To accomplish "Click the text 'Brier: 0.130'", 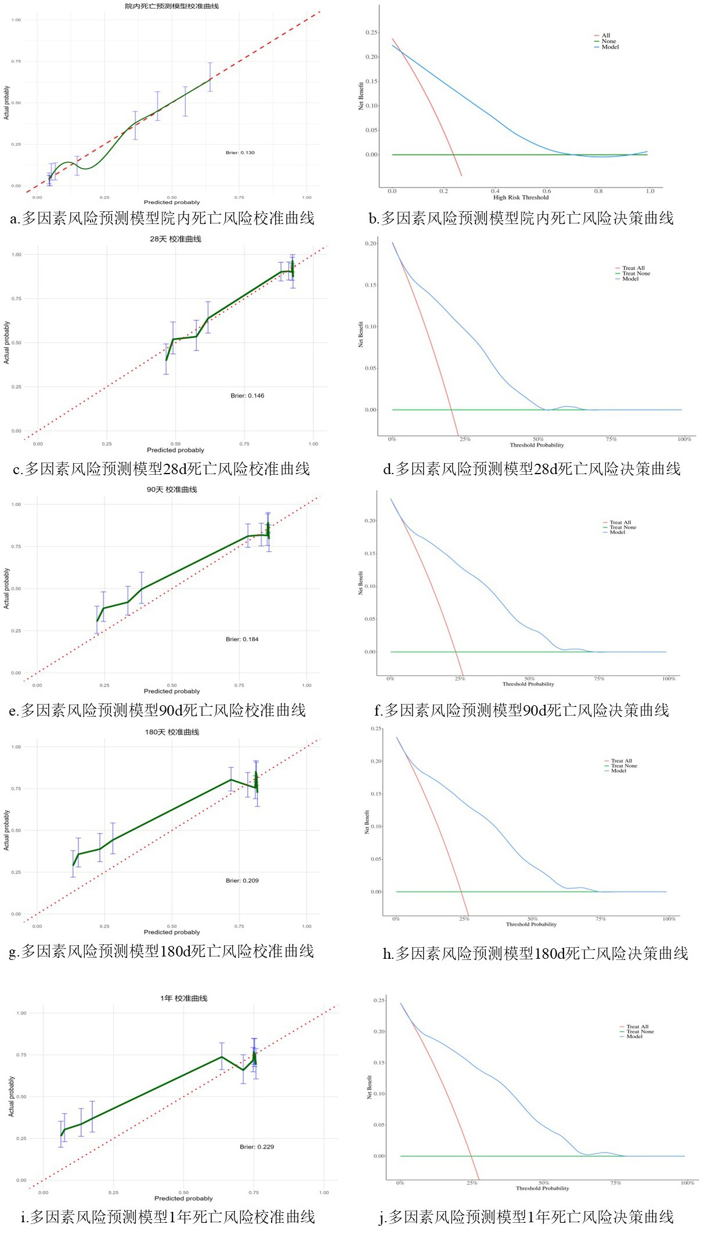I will click(x=240, y=153).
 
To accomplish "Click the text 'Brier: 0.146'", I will click(x=247, y=396).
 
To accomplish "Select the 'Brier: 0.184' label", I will click(x=242, y=639).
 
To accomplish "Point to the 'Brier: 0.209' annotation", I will click(x=242, y=880).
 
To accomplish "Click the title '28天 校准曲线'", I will click(x=175, y=239).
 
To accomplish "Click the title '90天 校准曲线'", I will click(x=172, y=490).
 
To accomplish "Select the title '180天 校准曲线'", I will click(x=172, y=732).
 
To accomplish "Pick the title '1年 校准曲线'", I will click(x=184, y=998).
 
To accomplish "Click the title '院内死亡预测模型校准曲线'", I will click(x=172, y=6).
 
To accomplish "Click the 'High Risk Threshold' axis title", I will click(x=521, y=197).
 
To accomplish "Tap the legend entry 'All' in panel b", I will click(x=606, y=35).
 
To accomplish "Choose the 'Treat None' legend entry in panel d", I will click(x=636, y=273).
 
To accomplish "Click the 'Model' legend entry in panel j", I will click(x=634, y=1036).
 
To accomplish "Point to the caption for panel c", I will click(x=161, y=469).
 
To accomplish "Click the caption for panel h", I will click(x=535, y=953).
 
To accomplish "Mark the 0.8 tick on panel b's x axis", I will click(x=598, y=191).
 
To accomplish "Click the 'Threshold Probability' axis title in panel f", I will click(x=528, y=684).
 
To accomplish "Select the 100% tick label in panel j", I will click(x=687, y=1183).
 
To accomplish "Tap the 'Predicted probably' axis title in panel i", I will click(x=183, y=1198).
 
